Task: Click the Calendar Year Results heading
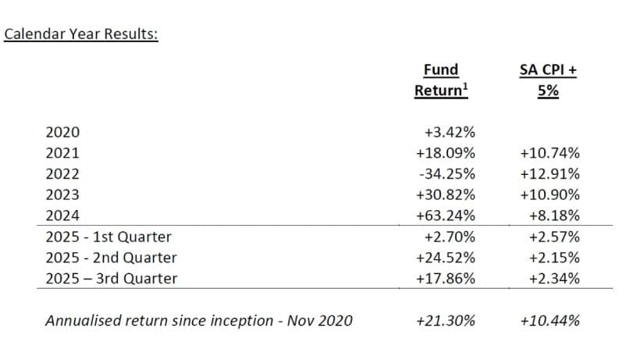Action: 81,35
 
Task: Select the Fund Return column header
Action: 441,80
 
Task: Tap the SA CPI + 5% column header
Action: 548,80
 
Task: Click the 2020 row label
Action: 62,134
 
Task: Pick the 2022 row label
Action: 62,174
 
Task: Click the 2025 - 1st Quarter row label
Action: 108,237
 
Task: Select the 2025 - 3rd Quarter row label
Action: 111,278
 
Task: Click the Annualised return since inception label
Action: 199,320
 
